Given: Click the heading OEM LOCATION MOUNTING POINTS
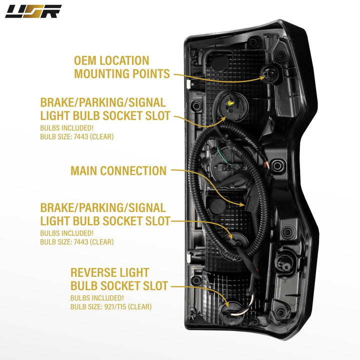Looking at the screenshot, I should (x=122, y=67).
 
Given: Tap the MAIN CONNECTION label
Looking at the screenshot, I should (x=118, y=170).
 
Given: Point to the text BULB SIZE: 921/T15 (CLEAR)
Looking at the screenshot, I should (x=111, y=306).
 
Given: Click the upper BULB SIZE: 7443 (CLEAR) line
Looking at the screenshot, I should (x=77, y=136).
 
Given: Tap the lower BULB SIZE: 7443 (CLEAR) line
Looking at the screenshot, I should (x=77, y=242).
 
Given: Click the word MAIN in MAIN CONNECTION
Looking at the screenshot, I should (x=84, y=170).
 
